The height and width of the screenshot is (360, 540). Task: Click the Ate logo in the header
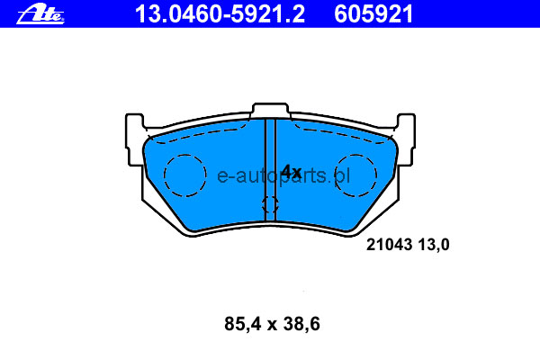click(40, 14)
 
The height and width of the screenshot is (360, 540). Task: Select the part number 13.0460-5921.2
click(220, 14)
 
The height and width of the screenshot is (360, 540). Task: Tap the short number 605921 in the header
click(373, 14)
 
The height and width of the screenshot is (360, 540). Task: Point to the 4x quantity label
click(292, 171)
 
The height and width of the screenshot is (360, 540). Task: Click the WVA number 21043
click(389, 245)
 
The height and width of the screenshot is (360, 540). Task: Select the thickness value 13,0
click(434, 245)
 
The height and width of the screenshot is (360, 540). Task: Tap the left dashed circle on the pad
click(165, 175)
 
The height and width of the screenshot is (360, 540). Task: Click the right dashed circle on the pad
click(376, 175)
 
